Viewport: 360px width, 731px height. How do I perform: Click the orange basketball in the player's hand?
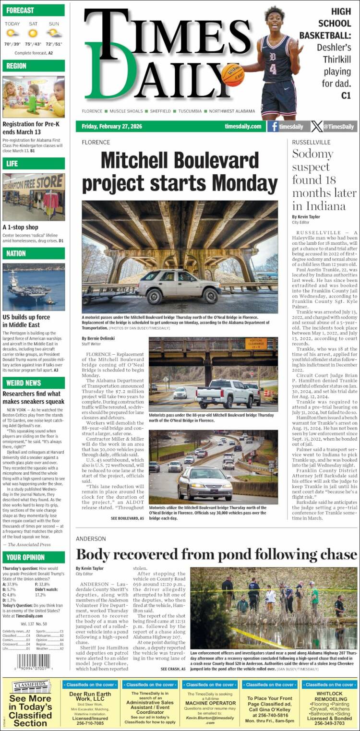[233, 75]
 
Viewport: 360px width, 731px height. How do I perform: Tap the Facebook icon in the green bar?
[273, 127]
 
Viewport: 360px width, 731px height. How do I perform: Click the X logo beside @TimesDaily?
[316, 127]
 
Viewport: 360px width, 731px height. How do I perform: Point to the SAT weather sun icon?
[33, 33]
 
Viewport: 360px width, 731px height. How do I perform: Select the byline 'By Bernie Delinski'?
[98, 338]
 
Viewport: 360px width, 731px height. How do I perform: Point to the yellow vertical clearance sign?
[256, 344]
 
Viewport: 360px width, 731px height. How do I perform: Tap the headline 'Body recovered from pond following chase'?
[216, 554]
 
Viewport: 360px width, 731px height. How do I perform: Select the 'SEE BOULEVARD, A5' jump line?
[127, 518]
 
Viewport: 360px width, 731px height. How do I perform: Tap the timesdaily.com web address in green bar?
[242, 127]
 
